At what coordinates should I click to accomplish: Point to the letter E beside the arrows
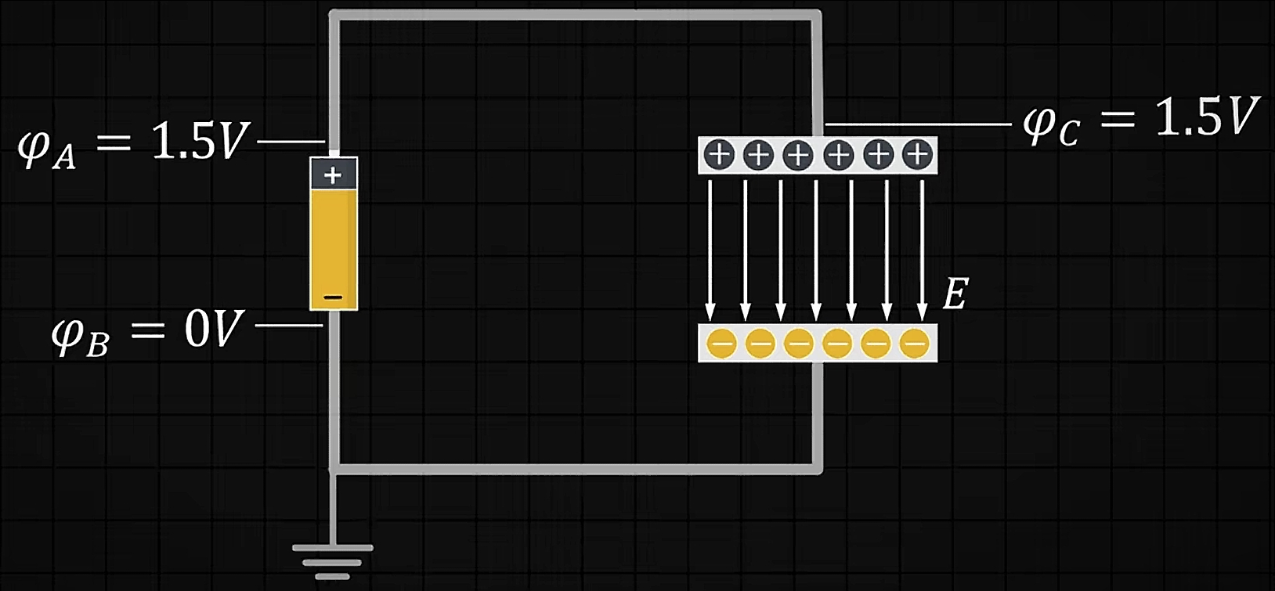click(x=955, y=295)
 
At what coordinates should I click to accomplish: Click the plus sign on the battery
click(x=333, y=175)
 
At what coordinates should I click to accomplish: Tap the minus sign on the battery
click(x=333, y=298)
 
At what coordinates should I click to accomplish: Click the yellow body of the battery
click(x=334, y=243)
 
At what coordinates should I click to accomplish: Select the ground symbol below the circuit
click(x=332, y=560)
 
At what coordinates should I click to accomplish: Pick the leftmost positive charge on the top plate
click(x=718, y=155)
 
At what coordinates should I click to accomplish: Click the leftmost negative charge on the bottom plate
click(x=721, y=343)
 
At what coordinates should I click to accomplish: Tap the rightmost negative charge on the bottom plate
click(x=914, y=343)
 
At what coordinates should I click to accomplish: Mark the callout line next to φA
click(x=291, y=142)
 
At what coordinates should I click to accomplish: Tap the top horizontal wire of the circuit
click(x=576, y=15)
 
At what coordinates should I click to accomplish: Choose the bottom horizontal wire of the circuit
click(x=576, y=469)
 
